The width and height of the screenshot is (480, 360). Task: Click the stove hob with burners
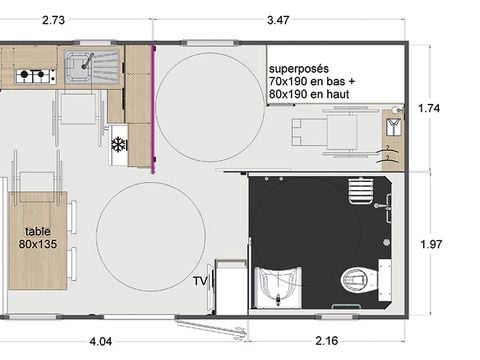[37, 74]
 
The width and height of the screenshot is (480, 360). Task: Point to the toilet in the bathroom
[353, 281]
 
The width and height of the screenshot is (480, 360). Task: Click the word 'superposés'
[297, 69]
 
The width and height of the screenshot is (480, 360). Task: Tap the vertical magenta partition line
[152, 110]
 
